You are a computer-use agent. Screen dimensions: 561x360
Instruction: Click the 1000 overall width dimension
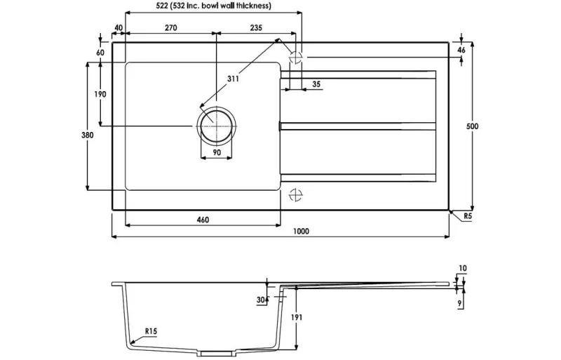[301, 232]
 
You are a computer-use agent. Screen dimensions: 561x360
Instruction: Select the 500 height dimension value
[472, 126]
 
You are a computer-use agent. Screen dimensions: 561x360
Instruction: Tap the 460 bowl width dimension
[203, 220]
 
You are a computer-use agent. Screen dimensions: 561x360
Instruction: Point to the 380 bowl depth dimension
[87, 135]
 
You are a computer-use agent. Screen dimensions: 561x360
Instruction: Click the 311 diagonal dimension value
[233, 79]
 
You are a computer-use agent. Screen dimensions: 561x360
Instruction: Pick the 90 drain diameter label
[217, 152]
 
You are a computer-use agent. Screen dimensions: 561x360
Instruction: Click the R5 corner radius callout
[468, 216]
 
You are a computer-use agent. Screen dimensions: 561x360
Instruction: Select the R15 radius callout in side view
[151, 331]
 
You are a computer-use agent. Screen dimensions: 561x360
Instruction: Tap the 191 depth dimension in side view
[297, 317]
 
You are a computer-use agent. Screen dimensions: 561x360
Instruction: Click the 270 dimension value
[170, 27]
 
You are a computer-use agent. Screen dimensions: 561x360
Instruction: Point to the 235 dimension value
[256, 27]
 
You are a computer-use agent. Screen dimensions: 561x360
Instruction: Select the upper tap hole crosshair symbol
[295, 57]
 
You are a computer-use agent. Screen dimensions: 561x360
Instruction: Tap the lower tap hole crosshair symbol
[295, 195]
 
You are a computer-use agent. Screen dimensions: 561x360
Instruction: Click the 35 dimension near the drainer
[316, 84]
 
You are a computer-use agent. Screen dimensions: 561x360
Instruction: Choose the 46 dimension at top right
[461, 50]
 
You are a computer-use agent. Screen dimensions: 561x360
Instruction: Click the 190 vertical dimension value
[100, 94]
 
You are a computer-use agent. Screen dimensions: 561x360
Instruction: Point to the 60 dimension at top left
[100, 53]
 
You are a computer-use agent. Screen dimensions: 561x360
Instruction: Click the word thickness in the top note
[253, 6]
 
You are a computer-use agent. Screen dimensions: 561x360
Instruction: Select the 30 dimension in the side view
[261, 300]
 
